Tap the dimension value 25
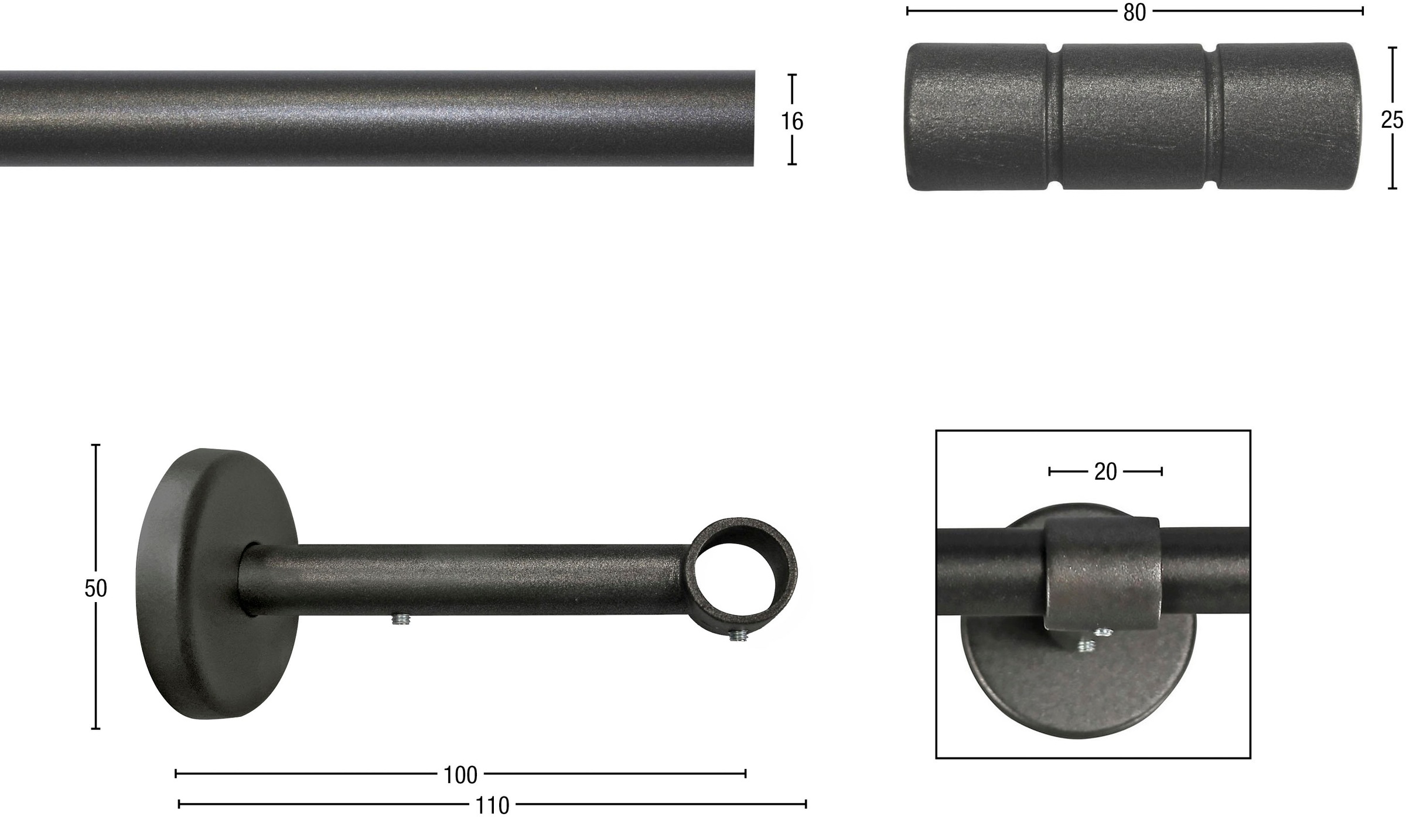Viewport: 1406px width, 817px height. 1392,121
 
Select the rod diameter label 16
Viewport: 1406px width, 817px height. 792,121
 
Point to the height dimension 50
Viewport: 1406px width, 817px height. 95,589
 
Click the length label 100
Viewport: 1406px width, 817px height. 460,775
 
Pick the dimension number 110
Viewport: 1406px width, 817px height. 492,806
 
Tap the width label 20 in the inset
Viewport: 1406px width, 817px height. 1105,472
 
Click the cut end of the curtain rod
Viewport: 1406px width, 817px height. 753,118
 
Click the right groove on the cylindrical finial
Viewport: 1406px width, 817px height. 1210,117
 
